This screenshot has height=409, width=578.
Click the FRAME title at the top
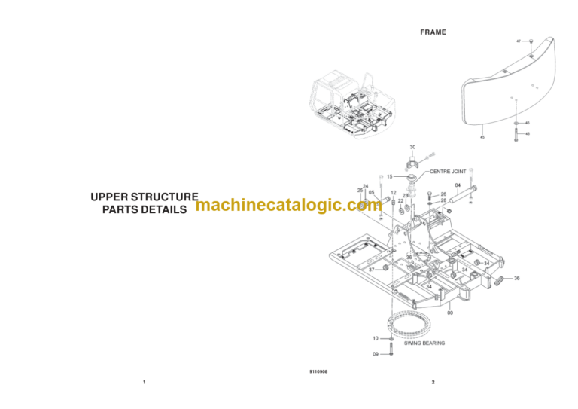pyautogui.click(x=433, y=32)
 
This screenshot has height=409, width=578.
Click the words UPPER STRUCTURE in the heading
pyautogui.click(x=144, y=197)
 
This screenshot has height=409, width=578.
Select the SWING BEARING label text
pyautogui.click(x=424, y=343)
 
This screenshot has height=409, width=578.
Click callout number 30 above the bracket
pyautogui.click(x=412, y=147)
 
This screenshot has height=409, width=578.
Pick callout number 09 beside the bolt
pyautogui.click(x=376, y=353)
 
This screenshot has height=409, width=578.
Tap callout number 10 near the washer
pyautogui.click(x=376, y=339)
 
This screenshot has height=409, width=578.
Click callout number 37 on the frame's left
pyautogui.click(x=371, y=270)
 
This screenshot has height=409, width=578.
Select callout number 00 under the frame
pyautogui.click(x=450, y=313)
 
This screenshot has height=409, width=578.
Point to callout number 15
pyautogui.click(x=390, y=176)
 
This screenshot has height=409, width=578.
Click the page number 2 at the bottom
pyautogui.click(x=433, y=383)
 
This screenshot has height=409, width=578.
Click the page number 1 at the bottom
pyautogui.click(x=144, y=383)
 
